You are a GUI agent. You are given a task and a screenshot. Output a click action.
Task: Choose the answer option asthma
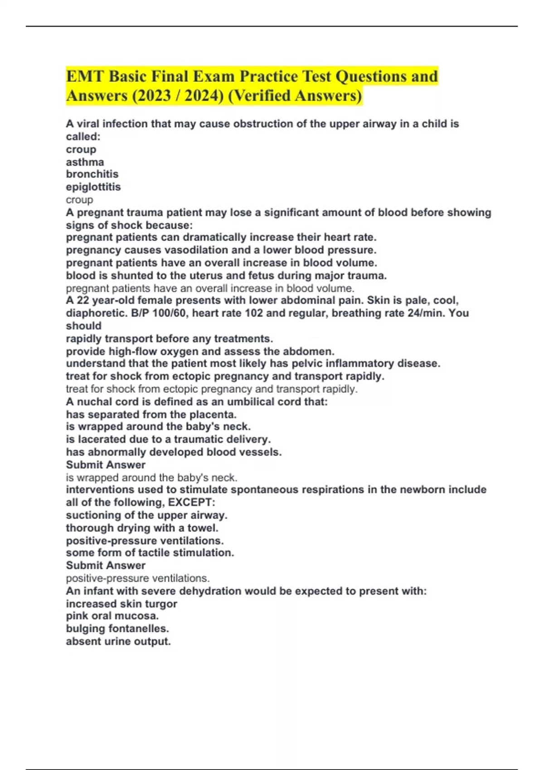pyautogui.click(x=85, y=162)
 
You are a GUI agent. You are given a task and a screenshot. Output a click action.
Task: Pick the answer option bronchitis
pyautogui.click(x=92, y=174)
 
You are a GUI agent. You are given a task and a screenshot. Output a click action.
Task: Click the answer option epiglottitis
pyautogui.click(x=93, y=187)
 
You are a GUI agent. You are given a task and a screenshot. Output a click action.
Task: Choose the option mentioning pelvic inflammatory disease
pyautogui.click(x=253, y=363)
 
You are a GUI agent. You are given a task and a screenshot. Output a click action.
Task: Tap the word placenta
pyautogui.click(x=213, y=414)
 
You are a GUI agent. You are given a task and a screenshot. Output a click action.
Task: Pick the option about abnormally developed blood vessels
pyautogui.click(x=174, y=452)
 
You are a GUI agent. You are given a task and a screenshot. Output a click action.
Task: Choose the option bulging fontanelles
pyautogui.click(x=117, y=629)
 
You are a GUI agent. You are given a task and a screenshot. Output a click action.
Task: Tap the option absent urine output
pyautogui.click(x=118, y=641)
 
